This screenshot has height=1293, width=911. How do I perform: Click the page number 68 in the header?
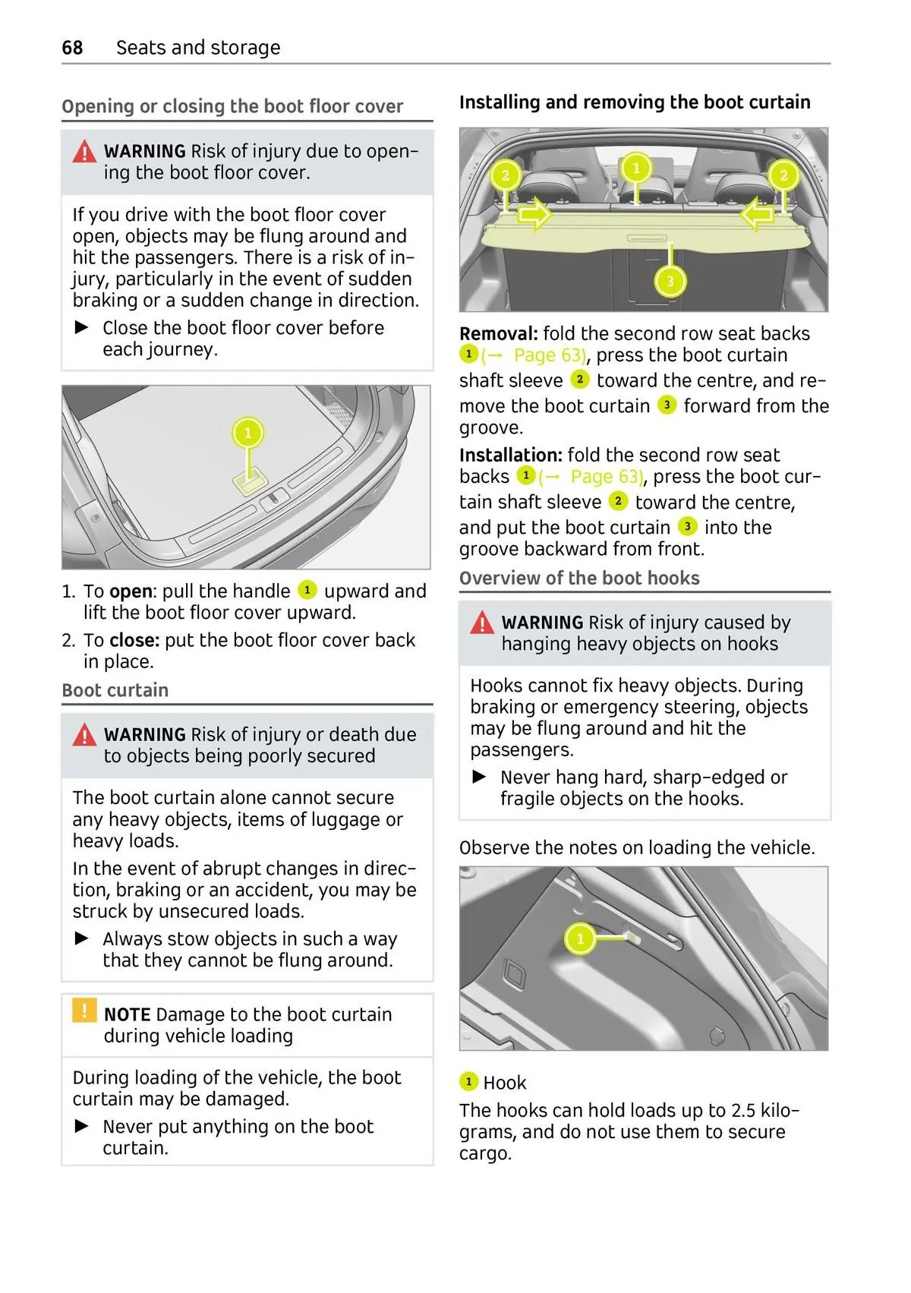pyautogui.click(x=72, y=48)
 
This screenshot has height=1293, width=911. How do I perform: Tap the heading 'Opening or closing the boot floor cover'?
pyautogui.click(x=232, y=106)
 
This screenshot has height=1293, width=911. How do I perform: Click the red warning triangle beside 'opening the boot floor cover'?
pyautogui.click(x=84, y=153)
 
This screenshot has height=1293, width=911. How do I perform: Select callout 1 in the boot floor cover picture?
pyautogui.click(x=247, y=434)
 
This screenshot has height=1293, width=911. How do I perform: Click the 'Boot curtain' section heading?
pyautogui.click(x=115, y=690)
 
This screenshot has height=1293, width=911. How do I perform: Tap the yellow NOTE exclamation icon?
pyautogui.click(x=84, y=1011)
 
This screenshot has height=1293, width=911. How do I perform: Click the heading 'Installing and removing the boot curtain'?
pyautogui.click(x=635, y=102)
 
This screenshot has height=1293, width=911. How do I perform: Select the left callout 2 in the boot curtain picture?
pyautogui.click(x=505, y=176)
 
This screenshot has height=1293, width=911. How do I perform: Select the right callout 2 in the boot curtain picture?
pyautogui.click(x=783, y=176)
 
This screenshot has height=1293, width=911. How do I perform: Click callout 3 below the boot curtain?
pyautogui.click(x=670, y=282)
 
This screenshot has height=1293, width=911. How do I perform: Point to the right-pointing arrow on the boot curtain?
pyautogui.click(x=534, y=215)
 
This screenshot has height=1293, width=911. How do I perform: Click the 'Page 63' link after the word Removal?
pyautogui.click(x=549, y=355)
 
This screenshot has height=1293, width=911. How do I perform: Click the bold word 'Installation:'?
pyautogui.click(x=510, y=456)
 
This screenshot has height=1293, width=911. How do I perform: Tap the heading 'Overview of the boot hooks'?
pyautogui.click(x=579, y=579)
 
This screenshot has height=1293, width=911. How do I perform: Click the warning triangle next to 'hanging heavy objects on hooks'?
pyautogui.click(x=482, y=624)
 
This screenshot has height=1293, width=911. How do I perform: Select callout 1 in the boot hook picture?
pyautogui.click(x=580, y=939)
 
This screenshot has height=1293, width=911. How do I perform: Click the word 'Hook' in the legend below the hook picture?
pyautogui.click(x=505, y=1083)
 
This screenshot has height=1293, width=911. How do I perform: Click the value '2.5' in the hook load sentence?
pyautogui.click(x=743, y=1111)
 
